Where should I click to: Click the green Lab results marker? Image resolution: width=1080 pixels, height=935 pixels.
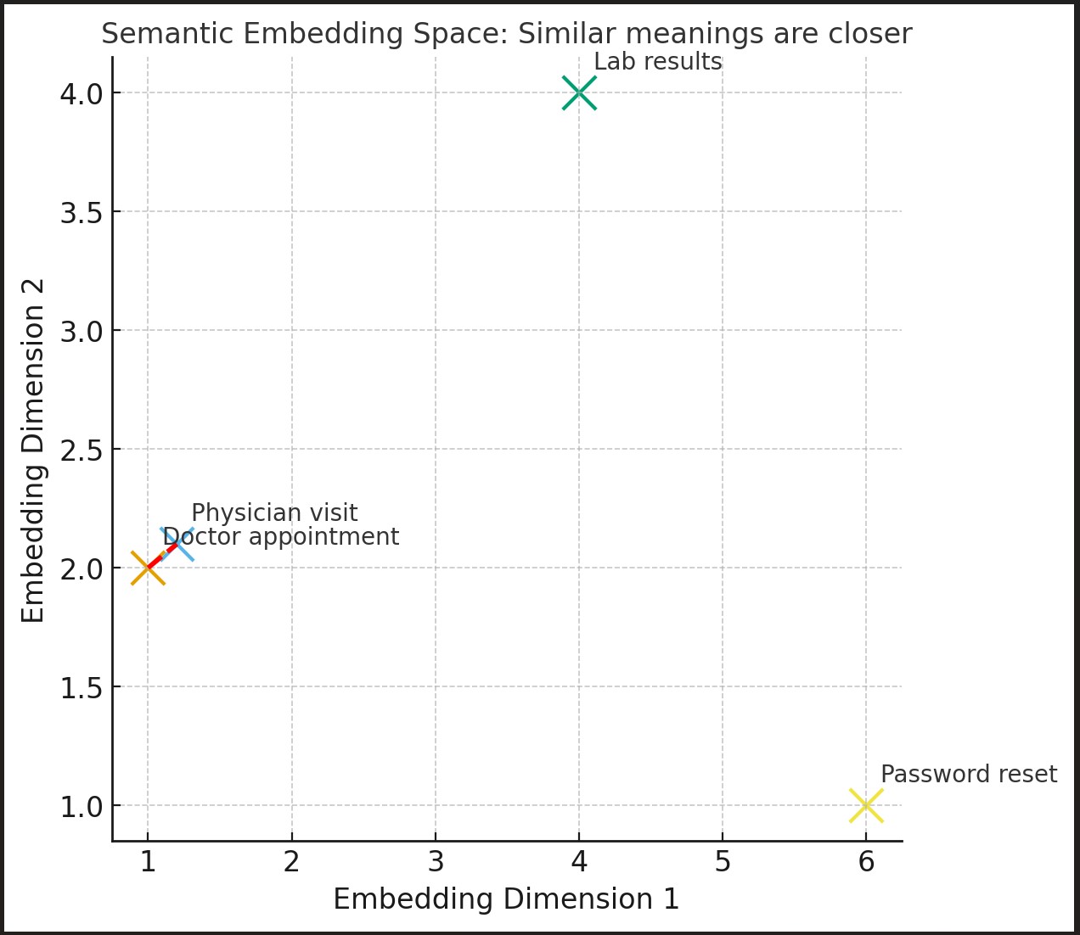point(579,92)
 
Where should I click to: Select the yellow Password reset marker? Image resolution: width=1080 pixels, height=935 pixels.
point(866,805)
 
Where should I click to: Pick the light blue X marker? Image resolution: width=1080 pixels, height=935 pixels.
point(177,544)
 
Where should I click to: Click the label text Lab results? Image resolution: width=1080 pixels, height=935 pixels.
point(657,62)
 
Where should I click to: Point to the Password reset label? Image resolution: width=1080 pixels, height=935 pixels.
point(968,775)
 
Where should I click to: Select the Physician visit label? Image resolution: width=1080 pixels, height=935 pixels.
point(274,513)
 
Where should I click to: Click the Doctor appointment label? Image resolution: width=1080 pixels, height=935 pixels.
point(280,537)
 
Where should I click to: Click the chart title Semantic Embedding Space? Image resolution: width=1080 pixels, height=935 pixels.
point(506,34)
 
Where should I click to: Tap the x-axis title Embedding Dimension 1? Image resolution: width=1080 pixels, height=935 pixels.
point(506,899)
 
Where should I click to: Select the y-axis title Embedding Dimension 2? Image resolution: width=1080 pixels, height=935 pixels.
point(33,450)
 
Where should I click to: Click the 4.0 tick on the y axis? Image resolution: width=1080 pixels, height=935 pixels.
point(81,93)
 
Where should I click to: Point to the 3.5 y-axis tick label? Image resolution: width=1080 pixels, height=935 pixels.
point(81,212)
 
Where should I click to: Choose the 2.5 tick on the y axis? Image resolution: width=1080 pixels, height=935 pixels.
point(81,450)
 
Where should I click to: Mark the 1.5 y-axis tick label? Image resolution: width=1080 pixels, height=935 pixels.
point(81,687)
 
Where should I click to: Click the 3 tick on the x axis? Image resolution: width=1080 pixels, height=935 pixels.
point(436,862)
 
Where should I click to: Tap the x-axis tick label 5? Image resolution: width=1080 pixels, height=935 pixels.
point(723,862)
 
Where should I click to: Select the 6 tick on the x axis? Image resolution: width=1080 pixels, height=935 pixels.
point(866,862)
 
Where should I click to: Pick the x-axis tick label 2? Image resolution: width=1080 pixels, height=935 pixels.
point(292,862)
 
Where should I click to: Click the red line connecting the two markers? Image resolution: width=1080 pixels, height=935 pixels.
point(162,557)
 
